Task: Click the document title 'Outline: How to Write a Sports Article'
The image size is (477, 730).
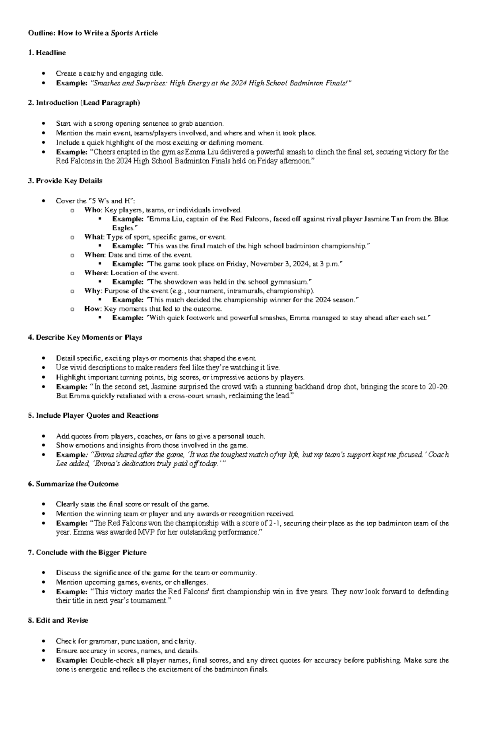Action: pyautogui.click(x=93, y=33)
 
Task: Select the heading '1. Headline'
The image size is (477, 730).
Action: pyautogui.click(x=47, y=53)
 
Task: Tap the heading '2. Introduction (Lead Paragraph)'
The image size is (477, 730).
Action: pyautogui.click(x=84, y=103)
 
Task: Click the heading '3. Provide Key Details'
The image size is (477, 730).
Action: pyautogui.click(x=65, y=181)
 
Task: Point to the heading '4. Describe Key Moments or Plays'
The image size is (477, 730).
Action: pyautogui.click(x=85, y=337)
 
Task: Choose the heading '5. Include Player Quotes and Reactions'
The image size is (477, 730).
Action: pyautogui.click(x=93, y=415)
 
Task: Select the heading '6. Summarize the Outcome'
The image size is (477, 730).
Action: pyautogui.click(x=73, y=484)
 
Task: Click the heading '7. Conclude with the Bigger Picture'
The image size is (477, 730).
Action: pyautogui.click(x=87, y=553)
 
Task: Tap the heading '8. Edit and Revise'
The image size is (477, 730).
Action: pyautogui.click(x=58, y=620)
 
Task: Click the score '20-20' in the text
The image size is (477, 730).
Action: pyautogui.click(x=438, y=387)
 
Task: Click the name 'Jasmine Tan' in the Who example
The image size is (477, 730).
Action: pyautogui.click(x=383, y=219)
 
